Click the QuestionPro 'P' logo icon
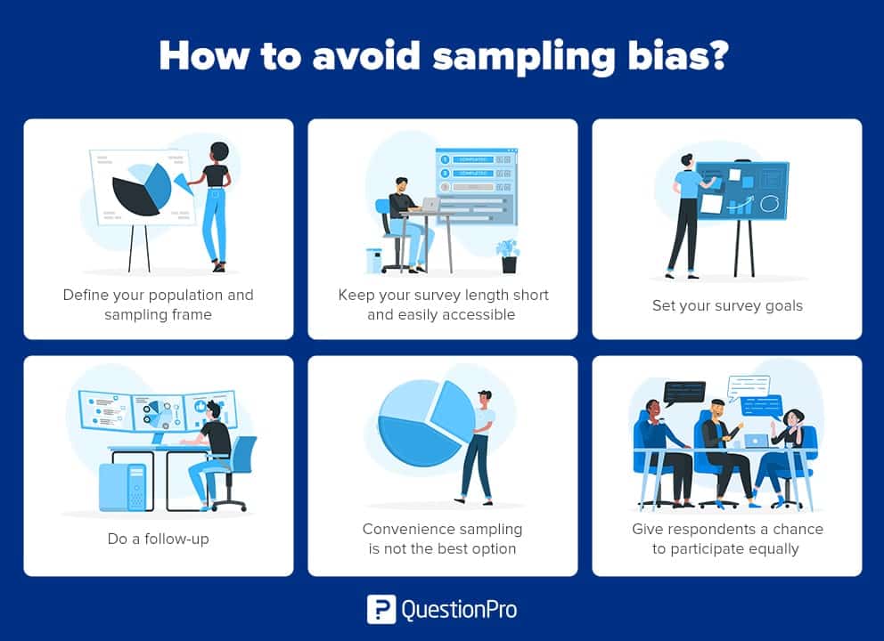381,609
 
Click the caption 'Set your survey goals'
727,305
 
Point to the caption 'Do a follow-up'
158,539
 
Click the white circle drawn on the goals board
768,204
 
